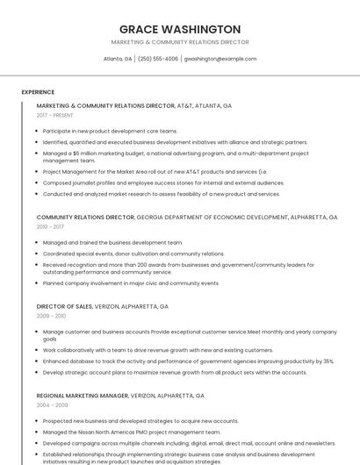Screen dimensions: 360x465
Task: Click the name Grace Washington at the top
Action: (x=180, y=29)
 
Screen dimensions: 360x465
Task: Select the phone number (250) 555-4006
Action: (x=158, y=59)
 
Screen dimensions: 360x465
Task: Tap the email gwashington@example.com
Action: (x=220, y=59)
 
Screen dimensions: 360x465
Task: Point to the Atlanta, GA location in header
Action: (x=118, y=59)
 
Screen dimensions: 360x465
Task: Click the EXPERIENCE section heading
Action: (x=38, y=92)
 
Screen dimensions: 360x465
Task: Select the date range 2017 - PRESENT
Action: (x=54, y=115)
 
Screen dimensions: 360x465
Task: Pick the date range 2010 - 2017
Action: (x=50, y=226)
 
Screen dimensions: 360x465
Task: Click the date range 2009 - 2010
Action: (x=51, y=316)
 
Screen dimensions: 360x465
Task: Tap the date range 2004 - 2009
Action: (x=51, y=405)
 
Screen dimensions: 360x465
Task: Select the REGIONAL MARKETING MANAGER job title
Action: (x=83, y=396)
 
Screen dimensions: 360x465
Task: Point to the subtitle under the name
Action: (x=180, y=42)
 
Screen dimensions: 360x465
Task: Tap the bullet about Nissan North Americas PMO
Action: (x=132, y=432)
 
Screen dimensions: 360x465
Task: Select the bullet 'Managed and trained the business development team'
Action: (x=112, y=242)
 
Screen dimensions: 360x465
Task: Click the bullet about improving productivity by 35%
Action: (x=188, y=361)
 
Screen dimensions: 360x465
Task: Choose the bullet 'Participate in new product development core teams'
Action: (x=110, y=131)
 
